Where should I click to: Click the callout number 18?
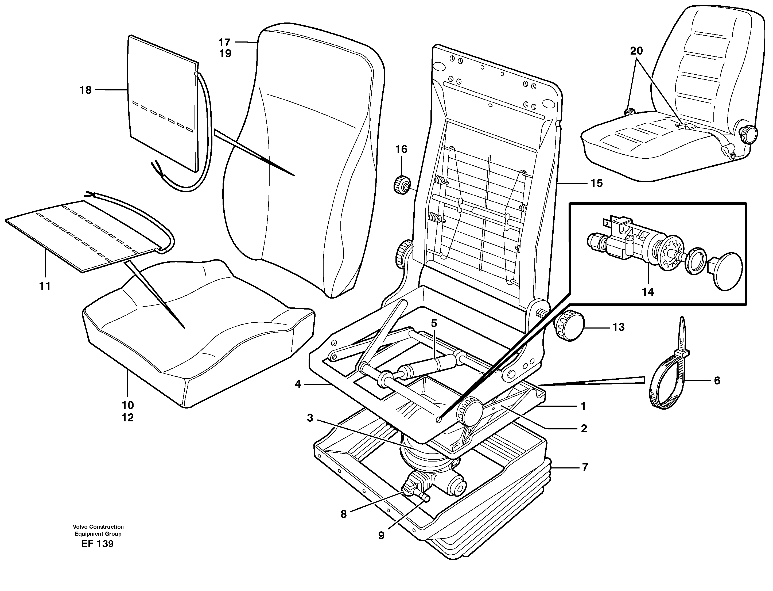86,90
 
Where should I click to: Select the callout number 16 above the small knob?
401,150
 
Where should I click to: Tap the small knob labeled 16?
401,184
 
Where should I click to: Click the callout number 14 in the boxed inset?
648,292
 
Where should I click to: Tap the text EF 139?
97,544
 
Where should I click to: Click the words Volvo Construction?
98,527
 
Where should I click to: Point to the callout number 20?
636,51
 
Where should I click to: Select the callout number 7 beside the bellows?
585,467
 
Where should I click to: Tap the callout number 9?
381,536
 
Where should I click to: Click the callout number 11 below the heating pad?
45,286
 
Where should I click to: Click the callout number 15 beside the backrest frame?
596,183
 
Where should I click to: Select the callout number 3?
310,418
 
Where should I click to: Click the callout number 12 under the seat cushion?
128,418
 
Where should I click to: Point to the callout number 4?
298,384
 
